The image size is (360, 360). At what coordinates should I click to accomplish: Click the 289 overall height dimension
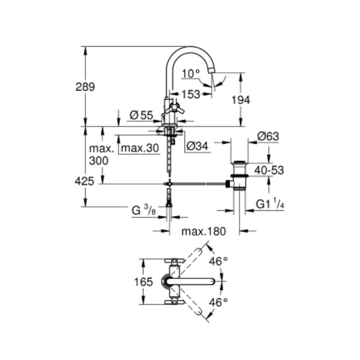tap(85, 87)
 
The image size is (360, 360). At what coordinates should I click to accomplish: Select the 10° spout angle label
tap(190, 73)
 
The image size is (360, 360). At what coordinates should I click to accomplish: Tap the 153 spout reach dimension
tap(191, 94)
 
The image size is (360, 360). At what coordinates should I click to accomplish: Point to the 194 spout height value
tap(240, 100)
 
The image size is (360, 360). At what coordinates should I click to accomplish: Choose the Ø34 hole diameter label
tap(197, 146)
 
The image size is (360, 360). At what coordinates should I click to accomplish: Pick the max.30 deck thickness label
tap(140, 148)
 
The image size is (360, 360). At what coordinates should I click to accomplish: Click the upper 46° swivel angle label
tap(219, 261)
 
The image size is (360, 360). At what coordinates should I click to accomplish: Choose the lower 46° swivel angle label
tap(219, 303)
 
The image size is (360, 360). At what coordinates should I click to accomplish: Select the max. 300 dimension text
tap(99, 155)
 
